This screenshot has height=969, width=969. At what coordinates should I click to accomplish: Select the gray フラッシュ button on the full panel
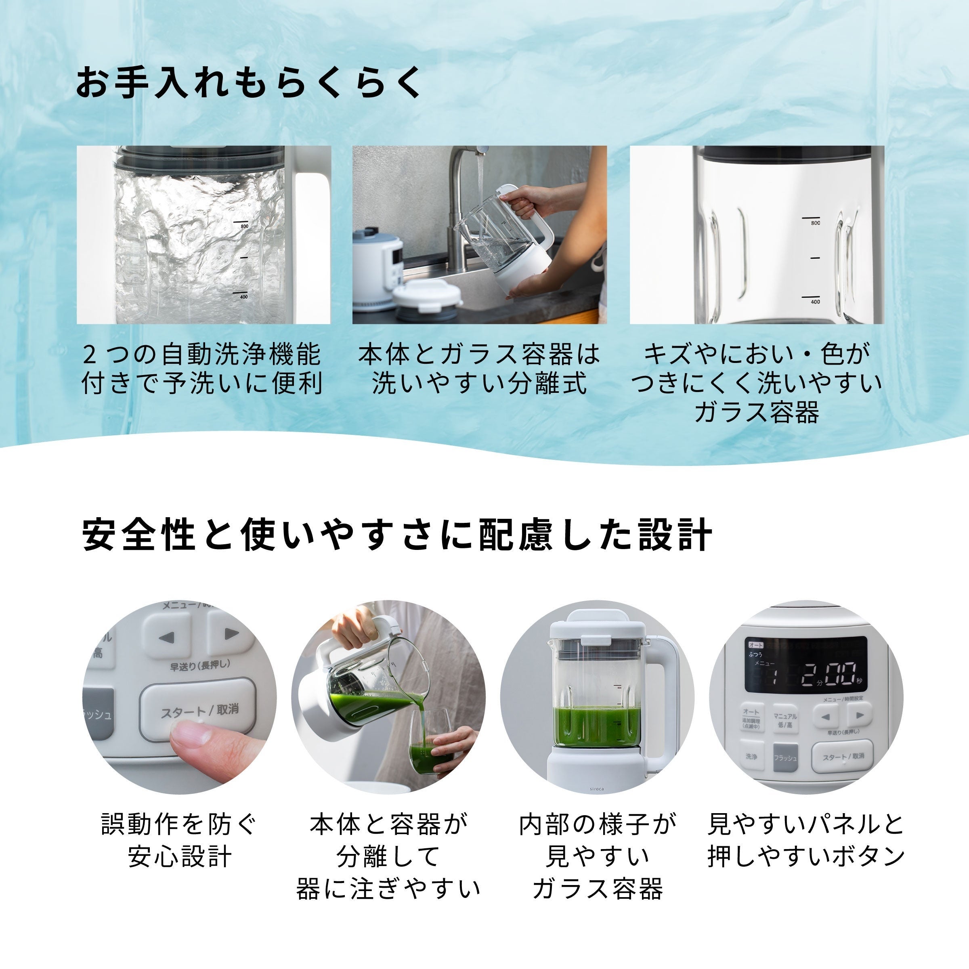785,758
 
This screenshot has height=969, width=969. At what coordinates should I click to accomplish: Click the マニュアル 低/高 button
785,720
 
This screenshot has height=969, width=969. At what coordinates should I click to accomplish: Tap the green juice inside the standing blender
597,725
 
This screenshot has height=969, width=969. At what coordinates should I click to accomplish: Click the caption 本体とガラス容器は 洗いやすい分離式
479,369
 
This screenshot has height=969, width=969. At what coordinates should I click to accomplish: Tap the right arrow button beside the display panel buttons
860,715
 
